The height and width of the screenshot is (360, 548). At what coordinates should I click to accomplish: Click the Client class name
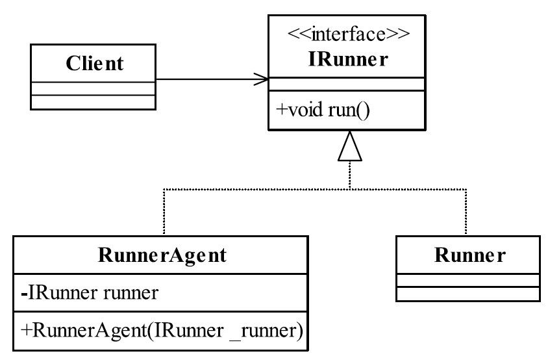[x=94, y=63]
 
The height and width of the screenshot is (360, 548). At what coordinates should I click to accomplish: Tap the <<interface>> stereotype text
[x=349, y=34]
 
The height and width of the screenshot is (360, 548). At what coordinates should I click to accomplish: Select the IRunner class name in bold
[x=348, y=58]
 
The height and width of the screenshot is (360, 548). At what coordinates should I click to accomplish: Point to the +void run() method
[x=323, y=110]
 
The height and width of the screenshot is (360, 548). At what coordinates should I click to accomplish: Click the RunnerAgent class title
[x=162, y=255]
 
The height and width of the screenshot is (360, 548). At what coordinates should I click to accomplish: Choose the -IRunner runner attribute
[x=90, y=292]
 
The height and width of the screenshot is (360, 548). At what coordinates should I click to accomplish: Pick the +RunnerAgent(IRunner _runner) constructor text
[x=162, y=330]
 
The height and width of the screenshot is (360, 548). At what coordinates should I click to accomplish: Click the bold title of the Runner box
[x=469, y=255]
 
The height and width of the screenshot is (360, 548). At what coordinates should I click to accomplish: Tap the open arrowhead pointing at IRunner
[x=262, y=79]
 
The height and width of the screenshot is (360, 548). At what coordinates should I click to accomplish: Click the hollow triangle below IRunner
[x=350, y=146]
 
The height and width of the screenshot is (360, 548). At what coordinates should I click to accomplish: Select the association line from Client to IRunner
[x=212, y=79]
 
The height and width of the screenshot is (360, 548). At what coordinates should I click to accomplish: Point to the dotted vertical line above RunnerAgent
[x=164, y=212]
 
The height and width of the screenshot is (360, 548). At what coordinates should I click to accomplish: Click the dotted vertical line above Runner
[x=466, y=212]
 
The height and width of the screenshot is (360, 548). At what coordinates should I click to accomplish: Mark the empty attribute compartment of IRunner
[x=347, y=84]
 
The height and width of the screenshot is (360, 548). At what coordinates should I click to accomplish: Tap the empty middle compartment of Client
[x=93, y=89]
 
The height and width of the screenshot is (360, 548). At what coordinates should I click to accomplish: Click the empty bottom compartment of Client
[x=93, y=102]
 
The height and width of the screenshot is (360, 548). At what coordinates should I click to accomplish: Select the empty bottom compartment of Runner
[x=468, y=294]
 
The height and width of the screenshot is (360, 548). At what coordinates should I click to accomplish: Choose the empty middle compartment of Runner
[x=468, y=281]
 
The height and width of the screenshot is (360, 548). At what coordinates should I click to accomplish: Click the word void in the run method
[x=305, y=110]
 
